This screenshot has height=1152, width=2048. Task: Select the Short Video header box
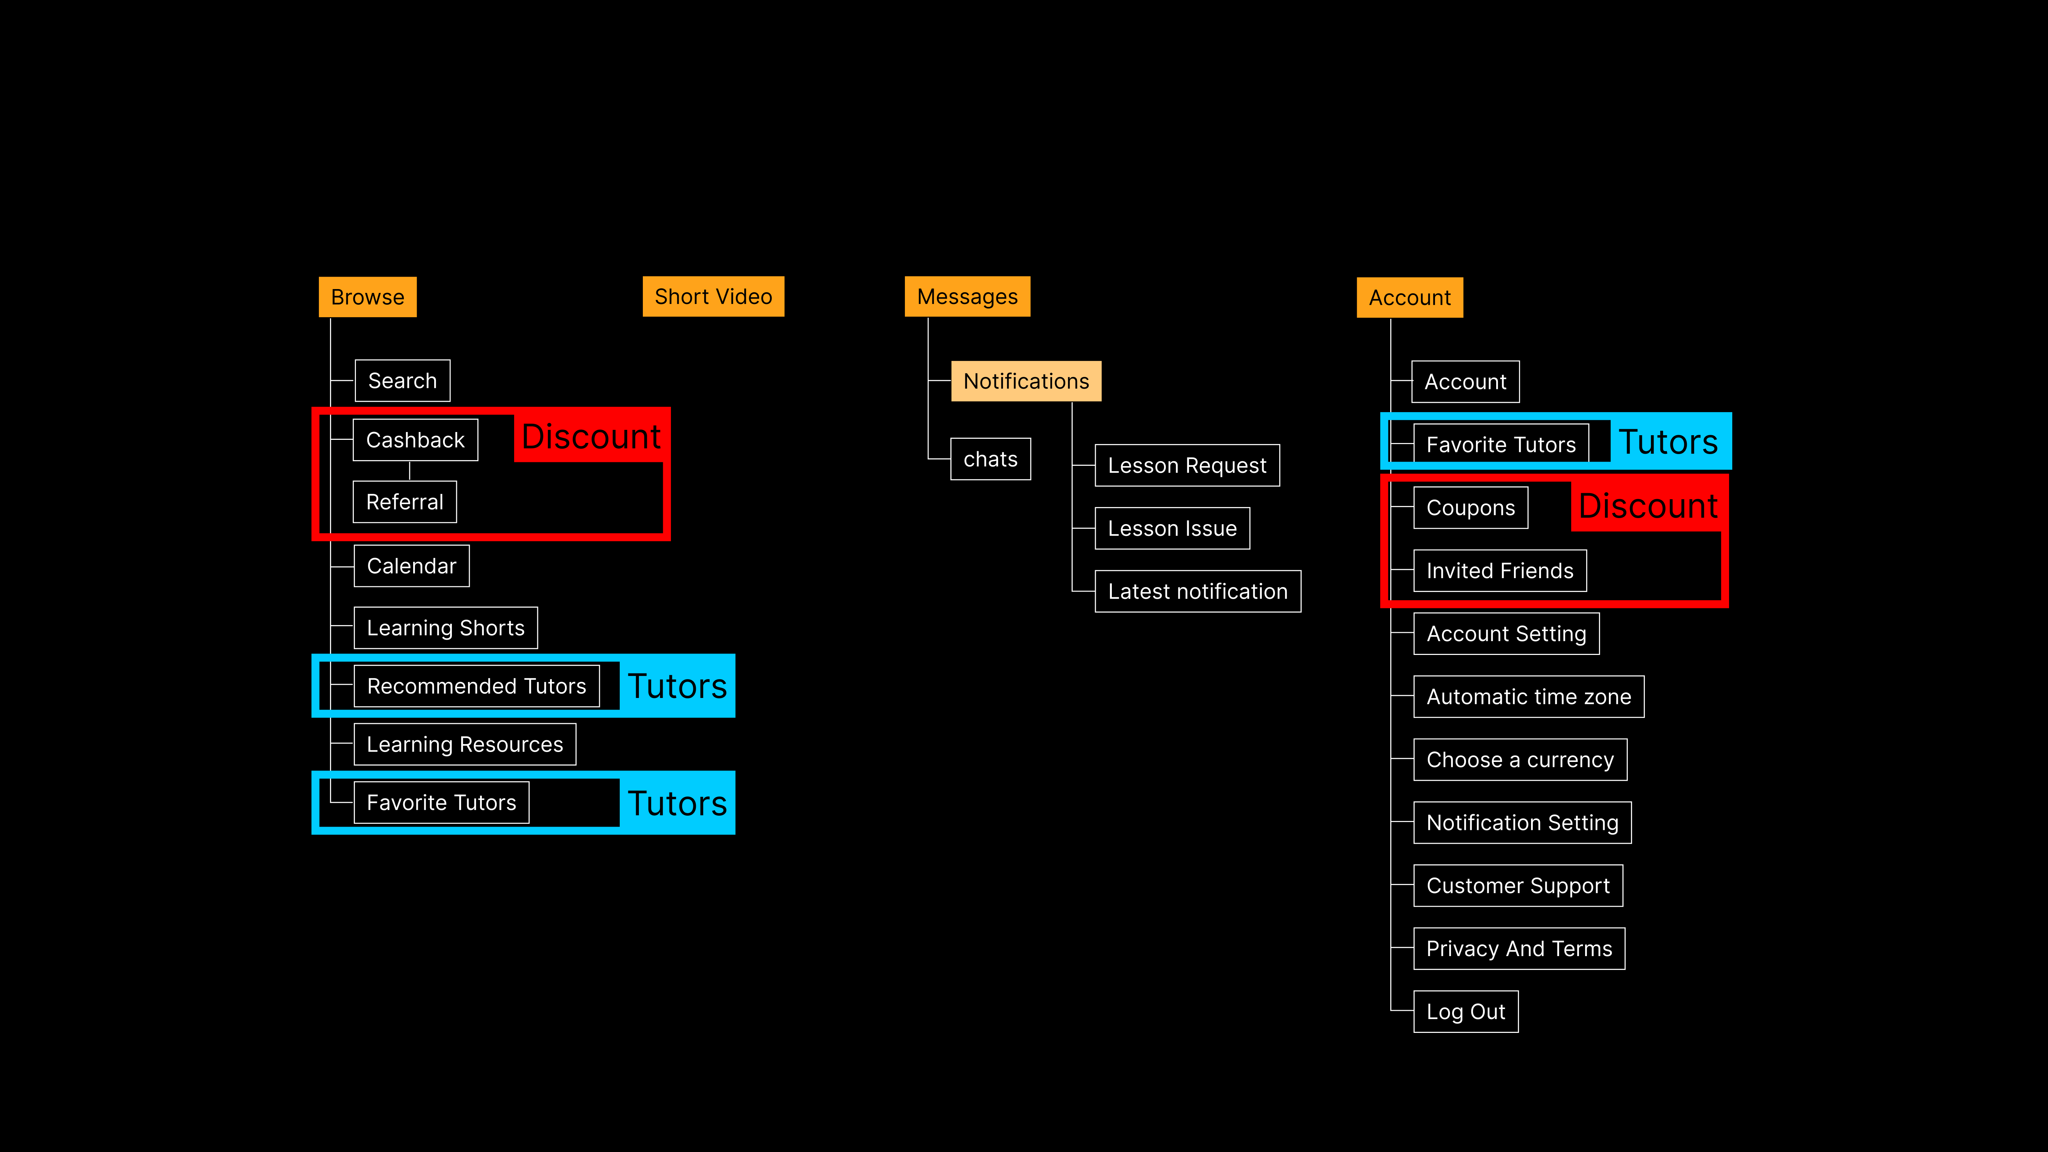tap(713, 297)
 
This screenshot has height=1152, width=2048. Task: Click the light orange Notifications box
tap(1025, 381)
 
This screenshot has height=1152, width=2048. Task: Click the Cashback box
tap(415, 440)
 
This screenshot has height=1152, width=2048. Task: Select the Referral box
tap(405, 502)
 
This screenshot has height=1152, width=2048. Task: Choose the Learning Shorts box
tap(445, 628)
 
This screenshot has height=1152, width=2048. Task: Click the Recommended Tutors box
tap(476, 686)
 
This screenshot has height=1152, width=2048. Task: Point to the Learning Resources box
tap(464, 744)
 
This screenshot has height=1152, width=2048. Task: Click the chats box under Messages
tap(991, 459)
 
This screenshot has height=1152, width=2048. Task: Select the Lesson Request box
tap(1187, 465)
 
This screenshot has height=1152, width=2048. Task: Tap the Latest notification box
tap(1197, 592)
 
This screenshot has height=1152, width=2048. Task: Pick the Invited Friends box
tap(1499, 571)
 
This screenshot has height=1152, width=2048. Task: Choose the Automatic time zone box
tap(1528, 697)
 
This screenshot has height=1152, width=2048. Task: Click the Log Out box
tap(1465, 1011)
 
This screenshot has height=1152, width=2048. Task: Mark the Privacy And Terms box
tap(1519, 949)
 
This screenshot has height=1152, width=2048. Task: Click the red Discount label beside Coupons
tap(1648, 506)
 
